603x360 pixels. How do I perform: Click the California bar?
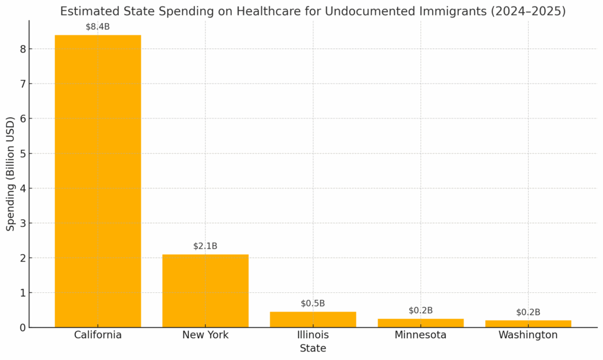click(98, 181)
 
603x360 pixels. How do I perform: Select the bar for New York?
click(205, 290)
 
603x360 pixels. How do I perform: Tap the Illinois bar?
click(313, 319)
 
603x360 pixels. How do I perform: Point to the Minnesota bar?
click(420, 323)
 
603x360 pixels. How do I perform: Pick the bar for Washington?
click(528, 323)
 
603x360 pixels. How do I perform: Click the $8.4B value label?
click(98, 27)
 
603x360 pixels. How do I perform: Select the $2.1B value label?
click(205, 246)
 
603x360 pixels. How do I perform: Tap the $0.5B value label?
click(313, 303)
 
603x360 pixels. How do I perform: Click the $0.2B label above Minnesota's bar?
click(420, 311)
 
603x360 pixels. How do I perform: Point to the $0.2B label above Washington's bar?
click(528, 312)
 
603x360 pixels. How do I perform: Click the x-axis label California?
click(98, 335)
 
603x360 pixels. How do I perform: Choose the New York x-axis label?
click(205, 335)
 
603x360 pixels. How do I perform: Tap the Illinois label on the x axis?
click(313, 335)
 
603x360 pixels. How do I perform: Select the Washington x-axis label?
click(528, 335)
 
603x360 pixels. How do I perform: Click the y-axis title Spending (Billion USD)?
click(11, 174)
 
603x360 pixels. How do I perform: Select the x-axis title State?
click(313, 349)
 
